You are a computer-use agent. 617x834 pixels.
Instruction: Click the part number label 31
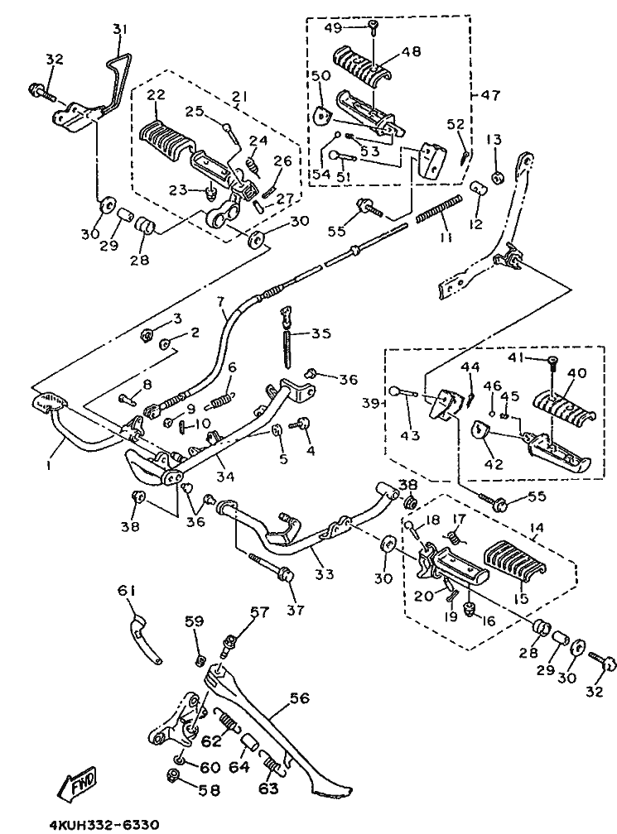pyautogui.click(x=120, y=30)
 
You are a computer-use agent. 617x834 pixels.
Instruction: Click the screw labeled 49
pyautogui.click(x=374, y=28)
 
